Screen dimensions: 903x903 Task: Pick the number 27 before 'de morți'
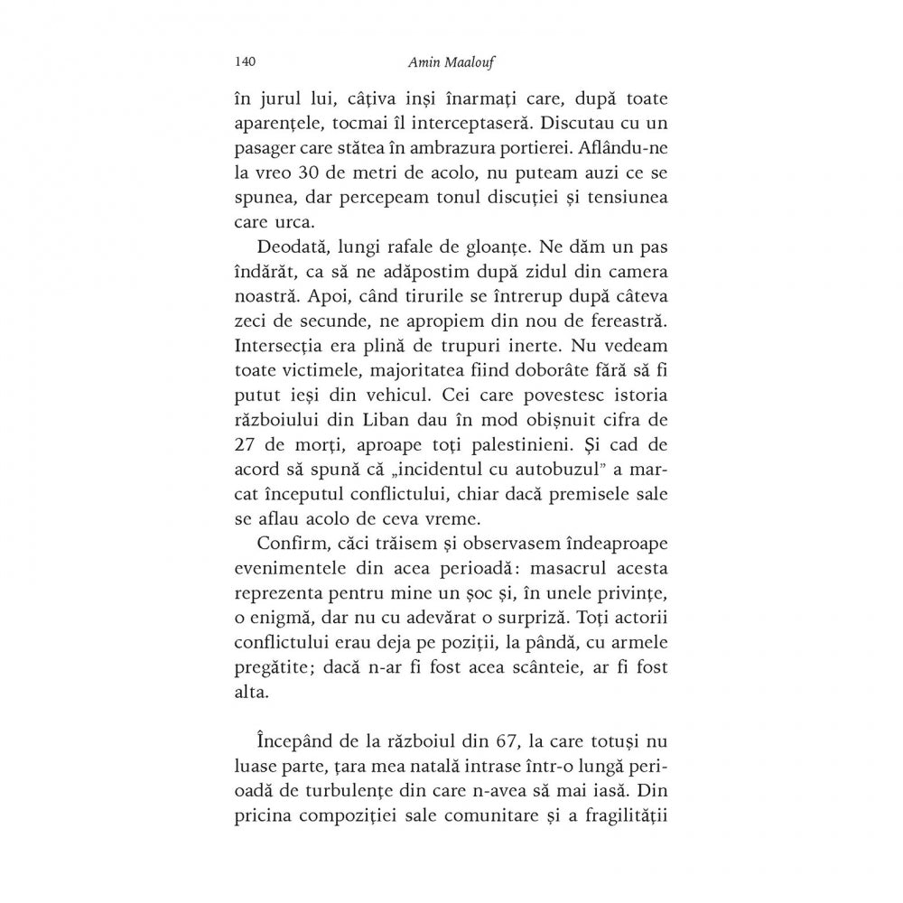click(247, 470)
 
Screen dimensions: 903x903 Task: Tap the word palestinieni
click(539, 470)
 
